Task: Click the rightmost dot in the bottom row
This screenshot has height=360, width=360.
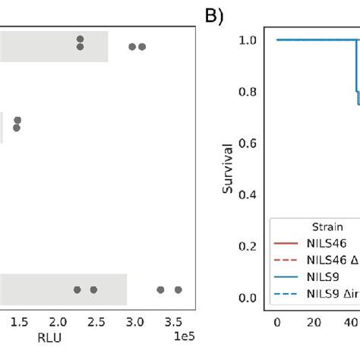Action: point(178,289)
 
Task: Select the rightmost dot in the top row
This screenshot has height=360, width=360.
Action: point(142,46)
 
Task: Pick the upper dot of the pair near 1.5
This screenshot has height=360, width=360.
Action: point(17,120)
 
